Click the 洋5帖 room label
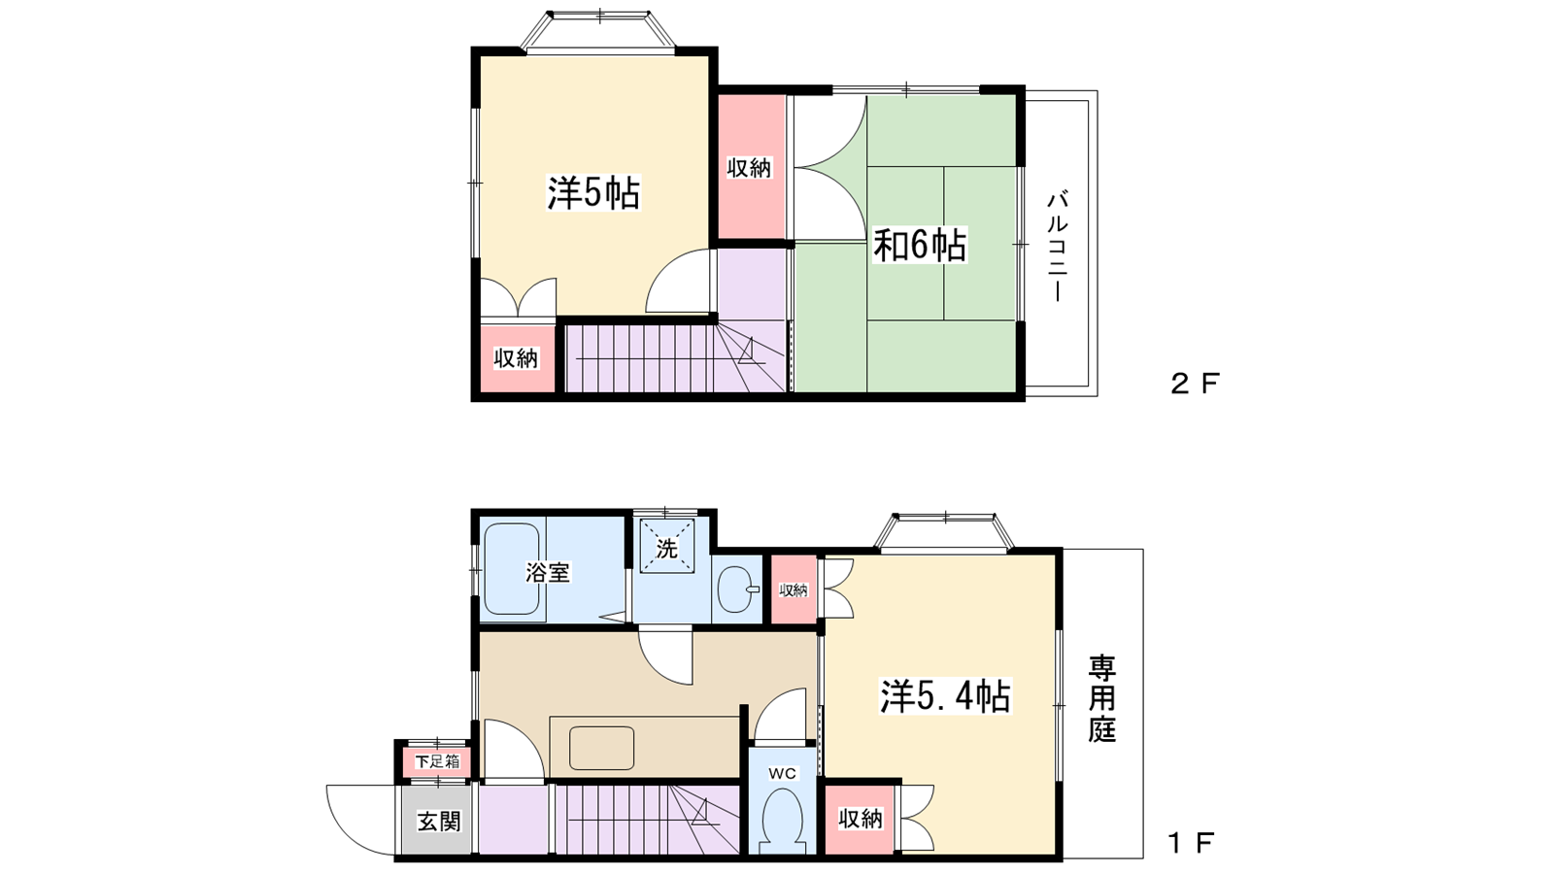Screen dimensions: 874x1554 coord(593,193)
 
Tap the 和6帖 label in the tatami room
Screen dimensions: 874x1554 coord(919,245)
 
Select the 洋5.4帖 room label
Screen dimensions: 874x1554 coord(945,696)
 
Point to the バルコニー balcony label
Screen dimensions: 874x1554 coord(1058,246)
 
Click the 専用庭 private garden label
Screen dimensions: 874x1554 coord(1101,698)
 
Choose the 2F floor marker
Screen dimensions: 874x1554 coord(1194,384)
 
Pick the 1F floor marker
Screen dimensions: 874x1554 coord(1191,843)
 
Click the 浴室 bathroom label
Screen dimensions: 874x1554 coord(548,572)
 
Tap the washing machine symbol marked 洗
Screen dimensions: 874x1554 coord(666,548)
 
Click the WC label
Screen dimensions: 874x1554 coord(782,773)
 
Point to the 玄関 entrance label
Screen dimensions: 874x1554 coord(438,822)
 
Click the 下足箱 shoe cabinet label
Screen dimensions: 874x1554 coord(437,761)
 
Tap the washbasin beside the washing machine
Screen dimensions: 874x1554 coord(739,588)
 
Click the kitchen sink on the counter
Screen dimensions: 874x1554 coord(601,748)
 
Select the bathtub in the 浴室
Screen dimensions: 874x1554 coord(511,570)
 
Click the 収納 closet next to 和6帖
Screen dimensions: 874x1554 coord(750,168)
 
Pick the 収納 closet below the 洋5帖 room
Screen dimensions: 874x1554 coord(516,357)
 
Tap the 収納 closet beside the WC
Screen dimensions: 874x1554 coord(861,819)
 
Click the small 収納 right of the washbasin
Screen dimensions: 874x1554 coord(794,589)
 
